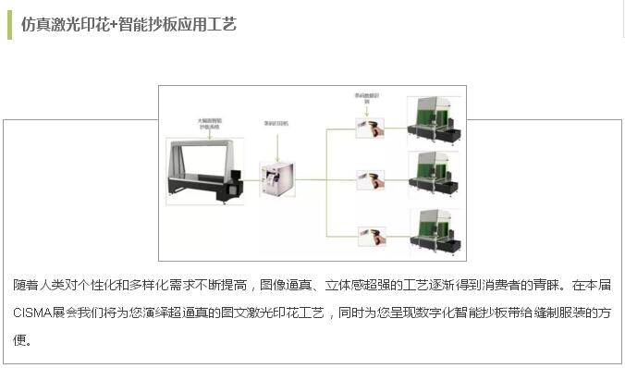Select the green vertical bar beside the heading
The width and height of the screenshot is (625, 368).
9,24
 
